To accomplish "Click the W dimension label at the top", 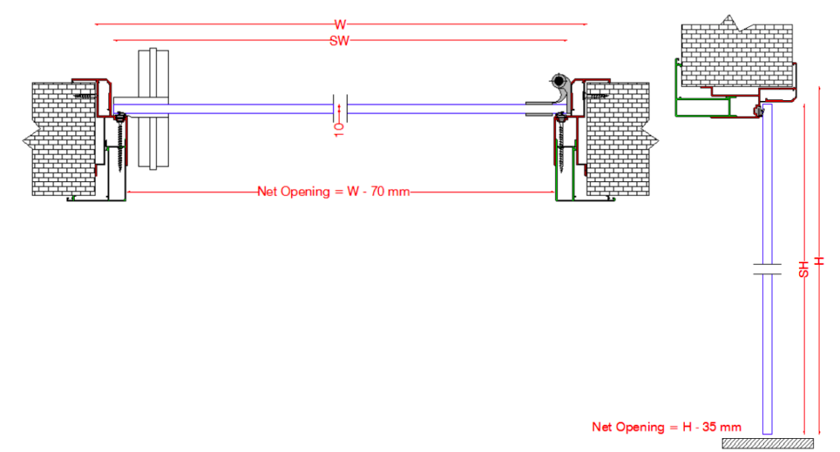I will [x=340, y=25].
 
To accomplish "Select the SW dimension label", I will [x=340, y=41].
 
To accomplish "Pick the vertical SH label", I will [x=804, y=267].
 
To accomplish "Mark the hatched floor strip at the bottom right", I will [x=767, y=444].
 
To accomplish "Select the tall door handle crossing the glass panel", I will [x=153, y=109].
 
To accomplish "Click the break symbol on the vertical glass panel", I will [x=768, y=268].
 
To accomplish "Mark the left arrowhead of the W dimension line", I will [x=98, y=25].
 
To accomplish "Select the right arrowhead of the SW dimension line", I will [x=565, y=41].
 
